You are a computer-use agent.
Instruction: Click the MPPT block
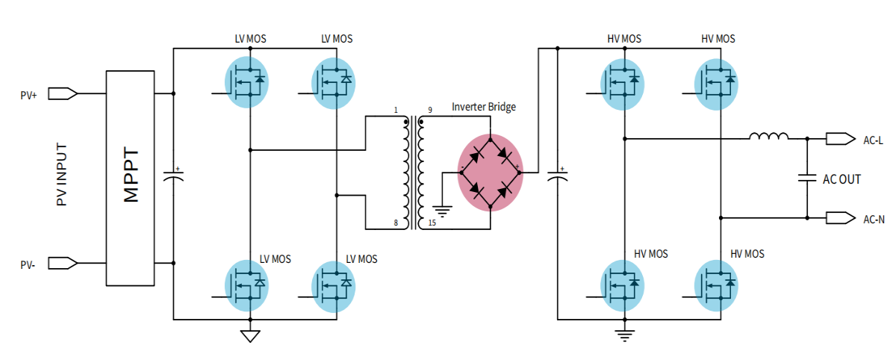click(x=130, y=178)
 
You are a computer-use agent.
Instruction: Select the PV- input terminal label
click(x=29, y=264)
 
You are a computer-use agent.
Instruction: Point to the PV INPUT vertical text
click(x=61, y=178)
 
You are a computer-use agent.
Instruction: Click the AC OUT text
click(x=841, y=179)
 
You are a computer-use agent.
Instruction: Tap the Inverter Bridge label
click(x=483, y=107)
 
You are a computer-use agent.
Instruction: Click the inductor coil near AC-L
click(x=768, y=137)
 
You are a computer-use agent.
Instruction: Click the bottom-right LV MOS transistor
click(x=333, y=286)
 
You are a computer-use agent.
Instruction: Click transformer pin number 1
click(x=396, y=111)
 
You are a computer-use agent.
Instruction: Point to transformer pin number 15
click(x=431, y=223)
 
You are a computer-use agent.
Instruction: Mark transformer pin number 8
click(x=396, y=223)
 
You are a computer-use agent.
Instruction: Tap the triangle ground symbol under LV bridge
click(x=250, y=335)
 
